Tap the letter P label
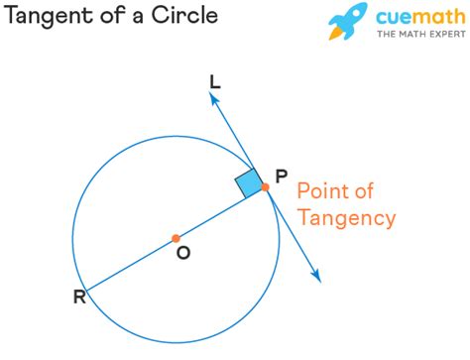coord(282,177)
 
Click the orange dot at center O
coord(176,238)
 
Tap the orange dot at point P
coord(265,186)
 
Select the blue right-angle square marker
coord(248,183)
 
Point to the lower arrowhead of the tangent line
coord(316,278)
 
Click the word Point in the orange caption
coord(321,190)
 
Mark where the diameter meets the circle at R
coord(86,290)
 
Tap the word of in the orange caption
coord(363,190)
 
